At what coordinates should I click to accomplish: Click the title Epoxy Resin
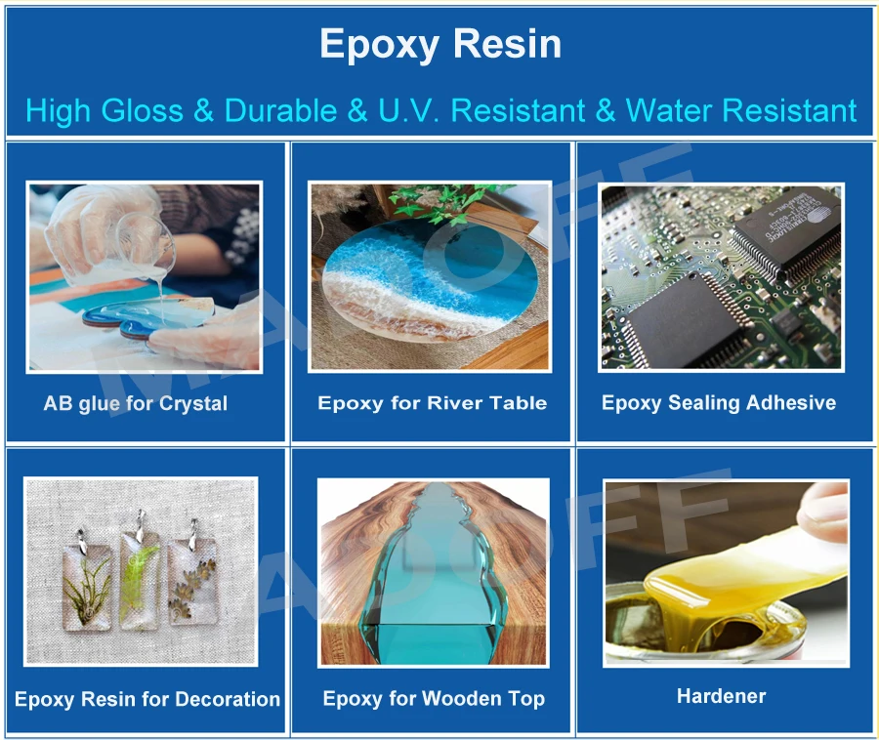coord(440,45)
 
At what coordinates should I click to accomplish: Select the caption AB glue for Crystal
coord(136,403)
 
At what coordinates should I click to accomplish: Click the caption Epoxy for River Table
coord(432,402)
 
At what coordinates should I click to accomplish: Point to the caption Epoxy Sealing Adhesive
coord(719,402)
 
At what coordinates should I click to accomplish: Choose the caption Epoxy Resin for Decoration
coord(147,699)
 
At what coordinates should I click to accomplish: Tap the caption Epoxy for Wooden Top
coord(434,699)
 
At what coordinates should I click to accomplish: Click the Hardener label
coord(721,696)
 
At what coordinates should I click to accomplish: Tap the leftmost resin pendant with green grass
coord(87,580)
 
